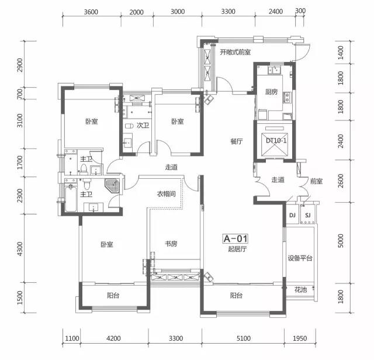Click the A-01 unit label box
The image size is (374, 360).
(236, 238)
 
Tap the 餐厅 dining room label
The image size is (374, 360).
(236, 141)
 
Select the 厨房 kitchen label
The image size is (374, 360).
(271, 92)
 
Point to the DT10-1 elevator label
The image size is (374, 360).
(276, 140)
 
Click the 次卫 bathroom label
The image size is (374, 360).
(143, 125)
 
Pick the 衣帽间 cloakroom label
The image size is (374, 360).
(166, 193)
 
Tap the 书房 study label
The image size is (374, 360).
(171, 244)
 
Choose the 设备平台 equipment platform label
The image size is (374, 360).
(300, 258)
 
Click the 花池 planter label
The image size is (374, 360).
(300, 290)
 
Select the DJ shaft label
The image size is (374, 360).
(292, 216)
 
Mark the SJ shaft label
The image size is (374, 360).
(308, 216)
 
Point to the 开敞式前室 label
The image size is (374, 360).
(235, 52)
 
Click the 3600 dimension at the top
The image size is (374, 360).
(91, 12)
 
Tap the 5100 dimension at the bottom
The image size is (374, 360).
(244, 338)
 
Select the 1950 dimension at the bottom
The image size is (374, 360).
(300, 338)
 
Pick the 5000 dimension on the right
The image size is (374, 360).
(341, 241)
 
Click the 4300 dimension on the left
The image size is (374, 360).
(20, 249)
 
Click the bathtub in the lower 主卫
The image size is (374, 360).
(71, 199)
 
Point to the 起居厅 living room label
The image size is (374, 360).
(237, 249)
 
